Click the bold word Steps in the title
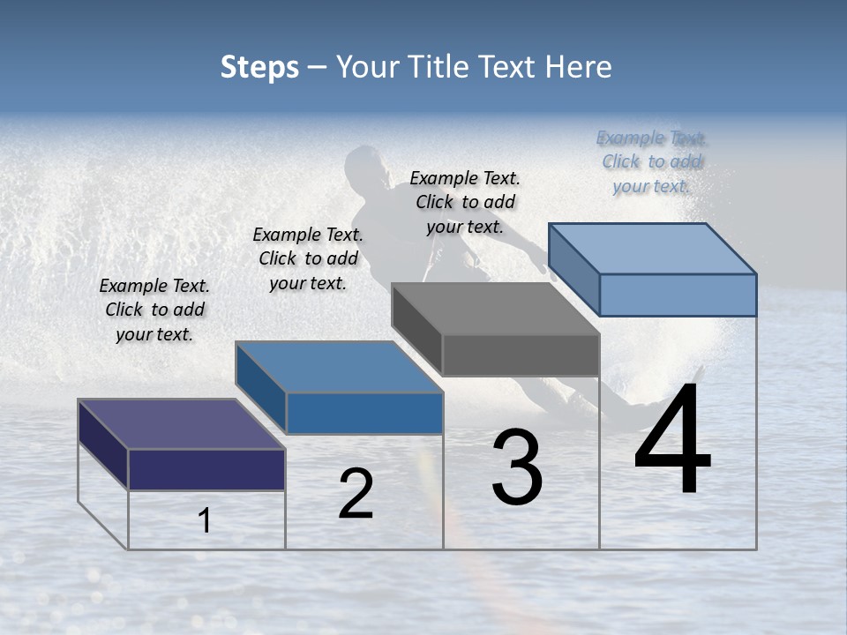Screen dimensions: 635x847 [259, 67]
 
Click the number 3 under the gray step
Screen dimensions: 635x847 [517, 467]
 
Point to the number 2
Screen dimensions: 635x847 [356, 494]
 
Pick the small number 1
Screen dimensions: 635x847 [205, 520]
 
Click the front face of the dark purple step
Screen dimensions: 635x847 [206, 469]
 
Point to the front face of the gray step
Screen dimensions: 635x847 [521, 355]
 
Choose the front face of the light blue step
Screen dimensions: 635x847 [678, 295]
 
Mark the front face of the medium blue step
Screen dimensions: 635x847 [364, 413]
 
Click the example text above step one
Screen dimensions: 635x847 [154, 310]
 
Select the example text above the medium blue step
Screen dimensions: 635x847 [308, 258]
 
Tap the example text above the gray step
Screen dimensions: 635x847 [465, 202]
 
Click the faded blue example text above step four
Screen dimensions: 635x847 [651, 161]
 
